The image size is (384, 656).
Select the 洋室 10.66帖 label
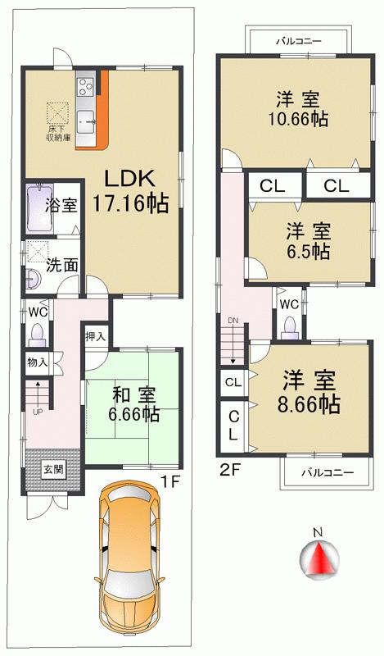tap(298, 109)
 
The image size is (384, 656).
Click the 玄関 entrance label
tap(53, 471)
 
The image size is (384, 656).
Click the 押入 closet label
tap(96, 336)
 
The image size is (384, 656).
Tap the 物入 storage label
tap(37, 362)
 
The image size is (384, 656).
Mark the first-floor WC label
tap(37, 312)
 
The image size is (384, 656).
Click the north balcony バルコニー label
tap(298, 40)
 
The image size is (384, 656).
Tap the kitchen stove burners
tap(85, 84)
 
